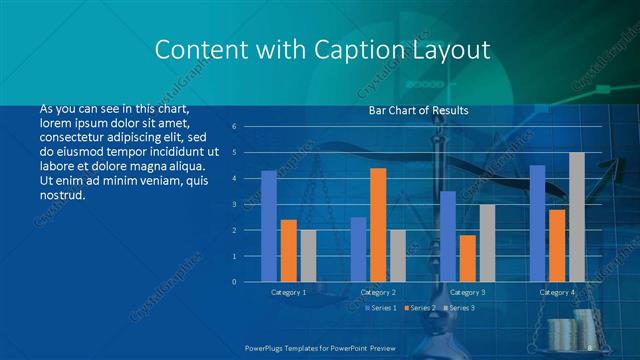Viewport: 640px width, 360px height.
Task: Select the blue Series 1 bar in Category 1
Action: click(x=269, y=226)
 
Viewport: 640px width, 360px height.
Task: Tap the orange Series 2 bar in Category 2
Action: click(x=378, y=225)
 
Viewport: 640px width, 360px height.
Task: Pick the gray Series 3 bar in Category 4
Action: click(x=577, y=217)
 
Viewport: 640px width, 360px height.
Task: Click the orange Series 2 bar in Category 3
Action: click(x=468, y=258)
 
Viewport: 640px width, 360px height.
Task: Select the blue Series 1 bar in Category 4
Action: click(x=537, y=223)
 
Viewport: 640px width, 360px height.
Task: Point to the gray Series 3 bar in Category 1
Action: click(x=308, y=256)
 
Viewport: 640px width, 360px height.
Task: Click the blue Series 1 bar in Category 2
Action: click(x=358, y=249)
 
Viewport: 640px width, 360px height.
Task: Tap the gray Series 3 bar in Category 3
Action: click(x=487, y=243)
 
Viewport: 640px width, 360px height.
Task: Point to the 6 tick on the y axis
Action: click(x=233, y=127)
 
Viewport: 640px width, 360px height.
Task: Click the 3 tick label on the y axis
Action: click(x=233, y=204)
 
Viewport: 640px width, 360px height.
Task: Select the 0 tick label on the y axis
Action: click(x=233, y=282)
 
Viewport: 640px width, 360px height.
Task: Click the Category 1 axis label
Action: click(x=288, y=292)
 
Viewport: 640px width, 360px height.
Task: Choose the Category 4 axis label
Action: click(x=557, y=292)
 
